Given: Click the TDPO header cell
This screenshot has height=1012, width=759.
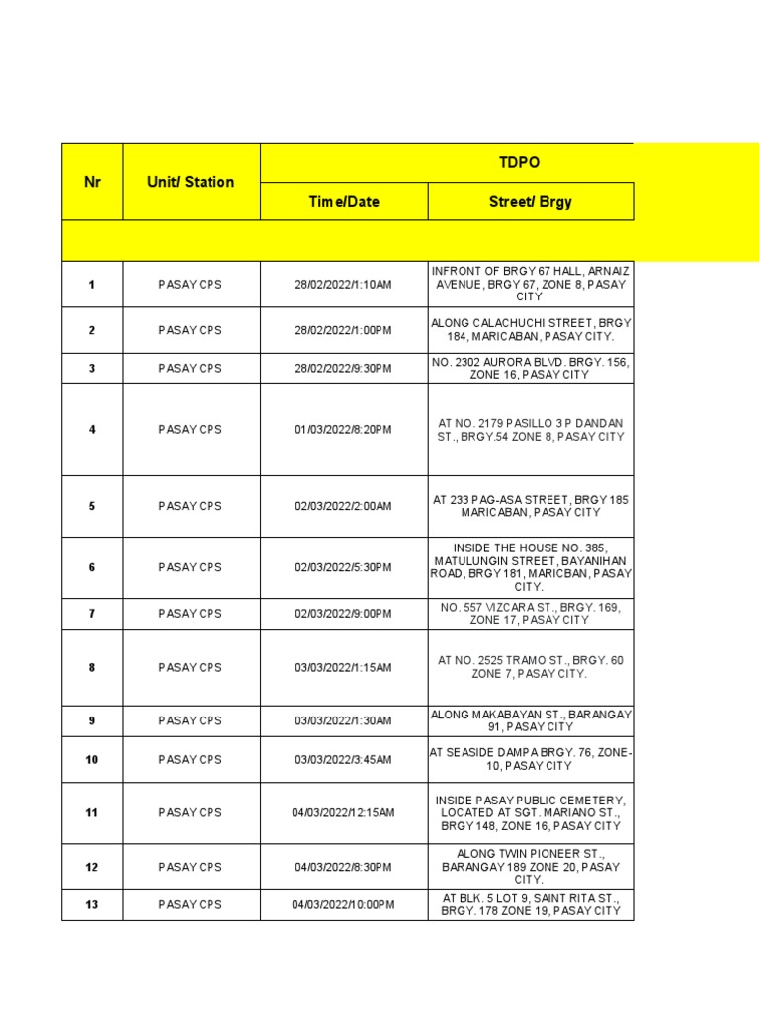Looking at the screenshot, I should click(520, 162).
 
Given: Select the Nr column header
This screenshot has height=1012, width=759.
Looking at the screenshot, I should click(92, 182).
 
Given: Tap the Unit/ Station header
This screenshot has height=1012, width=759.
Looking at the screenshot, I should click(191, 182).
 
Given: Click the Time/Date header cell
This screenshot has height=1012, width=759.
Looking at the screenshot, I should click(343, 201).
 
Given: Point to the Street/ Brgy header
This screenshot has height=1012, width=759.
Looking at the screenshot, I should click(530, 201).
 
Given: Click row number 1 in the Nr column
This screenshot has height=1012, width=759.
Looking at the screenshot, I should click(92, 285).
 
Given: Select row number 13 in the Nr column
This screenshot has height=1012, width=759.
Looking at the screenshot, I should click(92, 904).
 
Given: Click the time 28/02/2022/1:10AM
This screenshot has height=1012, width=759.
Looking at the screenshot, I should click(343, 285).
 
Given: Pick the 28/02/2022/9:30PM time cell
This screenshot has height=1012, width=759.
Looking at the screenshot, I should click(343, 368).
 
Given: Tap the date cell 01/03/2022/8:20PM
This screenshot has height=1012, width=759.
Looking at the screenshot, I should click(343, 430).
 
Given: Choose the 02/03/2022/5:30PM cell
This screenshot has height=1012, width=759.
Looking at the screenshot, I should click(343, 567).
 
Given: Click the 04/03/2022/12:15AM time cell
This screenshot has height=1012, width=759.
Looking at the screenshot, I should click(343, 812).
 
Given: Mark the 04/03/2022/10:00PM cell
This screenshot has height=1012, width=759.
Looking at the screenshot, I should click(343, 904).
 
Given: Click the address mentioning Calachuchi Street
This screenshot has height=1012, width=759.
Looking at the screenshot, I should click(531, 330).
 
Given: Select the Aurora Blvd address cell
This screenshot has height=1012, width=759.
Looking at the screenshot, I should click(531, 368).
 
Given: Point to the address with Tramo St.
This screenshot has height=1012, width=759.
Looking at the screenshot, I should click(531, 667).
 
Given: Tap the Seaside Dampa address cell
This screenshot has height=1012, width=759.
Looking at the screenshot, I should click(531, 759).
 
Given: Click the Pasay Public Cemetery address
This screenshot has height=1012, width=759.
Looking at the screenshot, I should click(531, 812).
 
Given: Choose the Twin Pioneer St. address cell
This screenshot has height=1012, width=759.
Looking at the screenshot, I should click(531, 867).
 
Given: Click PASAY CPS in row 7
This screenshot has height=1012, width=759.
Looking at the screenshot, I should click(191, 614).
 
